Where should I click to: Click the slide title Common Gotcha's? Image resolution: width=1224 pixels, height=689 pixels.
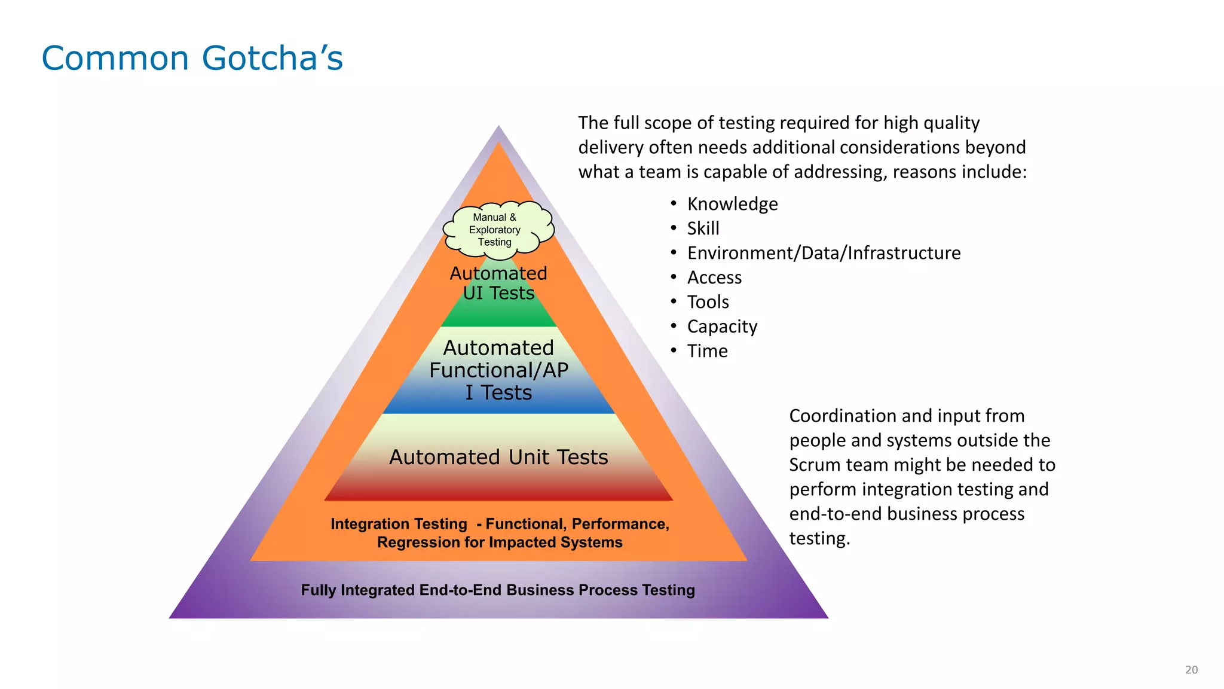(192, 59)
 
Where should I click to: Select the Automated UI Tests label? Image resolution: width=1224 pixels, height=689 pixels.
(498, 283)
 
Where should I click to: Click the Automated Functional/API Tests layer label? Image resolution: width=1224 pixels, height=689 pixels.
(498, 370)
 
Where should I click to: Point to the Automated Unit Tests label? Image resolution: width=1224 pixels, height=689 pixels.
(498, 457)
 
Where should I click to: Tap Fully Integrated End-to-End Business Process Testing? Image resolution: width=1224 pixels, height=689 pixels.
(498, 590)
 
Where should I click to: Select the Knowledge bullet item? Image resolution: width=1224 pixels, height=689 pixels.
(732, 204)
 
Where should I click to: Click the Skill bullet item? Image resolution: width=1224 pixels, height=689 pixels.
(703, 228)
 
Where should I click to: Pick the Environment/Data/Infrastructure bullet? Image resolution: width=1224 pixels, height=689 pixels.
(824, 253)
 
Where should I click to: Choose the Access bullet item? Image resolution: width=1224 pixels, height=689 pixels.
(714, 278)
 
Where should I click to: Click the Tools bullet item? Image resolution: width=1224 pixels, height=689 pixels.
(708, 302)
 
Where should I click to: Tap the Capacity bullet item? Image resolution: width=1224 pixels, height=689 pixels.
(722, 327)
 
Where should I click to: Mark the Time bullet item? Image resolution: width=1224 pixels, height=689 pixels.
(707, 351)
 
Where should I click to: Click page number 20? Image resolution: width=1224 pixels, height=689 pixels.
(1191, 670)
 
